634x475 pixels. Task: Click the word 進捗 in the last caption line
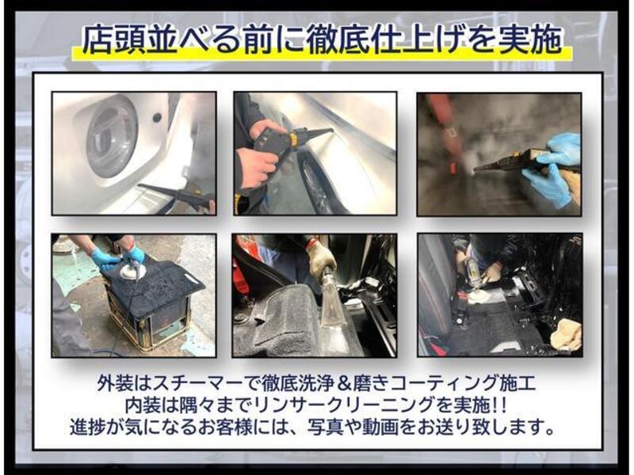coord(87,427)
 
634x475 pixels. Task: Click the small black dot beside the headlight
coord(157,117)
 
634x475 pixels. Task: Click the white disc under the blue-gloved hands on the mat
coord(131,271)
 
